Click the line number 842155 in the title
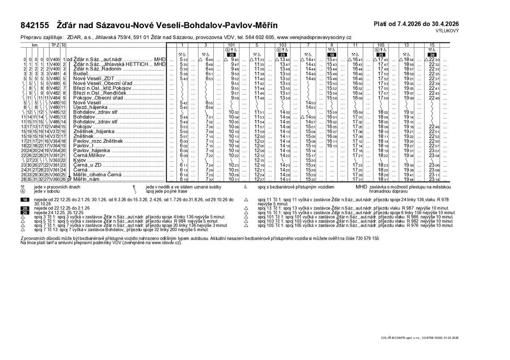pos(35,26)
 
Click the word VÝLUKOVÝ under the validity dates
pos(447,31)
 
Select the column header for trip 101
pos(232,45)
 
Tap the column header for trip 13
pos(406,45)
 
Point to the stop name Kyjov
pos(80,161)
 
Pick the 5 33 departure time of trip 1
pos(184,60)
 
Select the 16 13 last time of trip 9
pos(332,146)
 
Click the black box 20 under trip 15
pos(432,55)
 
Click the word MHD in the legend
pos(361,187)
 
